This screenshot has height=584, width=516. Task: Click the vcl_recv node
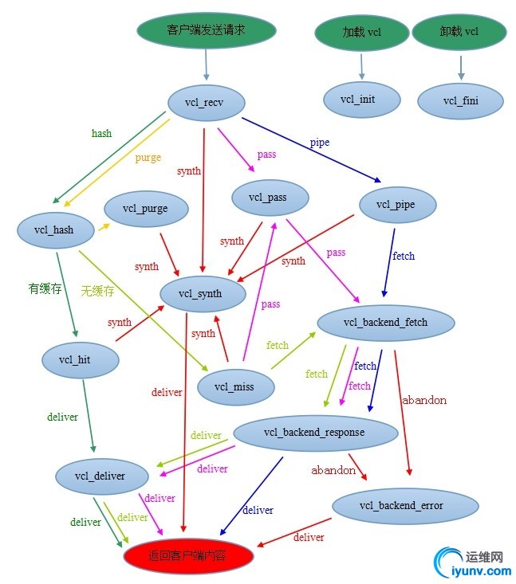click(x=207, y=103)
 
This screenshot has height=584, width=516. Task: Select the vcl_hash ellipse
click(x=54, y=229)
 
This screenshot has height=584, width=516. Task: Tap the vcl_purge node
click(x=145, y=209)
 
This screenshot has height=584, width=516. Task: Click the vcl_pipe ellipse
click(x=398, y=205)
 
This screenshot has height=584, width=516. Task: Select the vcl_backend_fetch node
click(x=385, y=322)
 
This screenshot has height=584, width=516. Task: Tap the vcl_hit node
click(x=79, y=360)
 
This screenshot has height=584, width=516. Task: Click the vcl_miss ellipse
click(x=234, y=386)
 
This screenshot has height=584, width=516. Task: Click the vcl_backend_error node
click(x=404, y=505)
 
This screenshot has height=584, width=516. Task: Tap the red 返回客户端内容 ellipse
click(x=188, y=555)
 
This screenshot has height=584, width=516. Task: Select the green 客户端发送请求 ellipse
click(x=207, y=30)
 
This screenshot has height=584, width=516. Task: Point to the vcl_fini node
click(x=460, y=101)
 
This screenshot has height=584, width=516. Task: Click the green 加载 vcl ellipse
click(x=361, y=33)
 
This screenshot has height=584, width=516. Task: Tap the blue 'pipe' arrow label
click(x=320, y=142)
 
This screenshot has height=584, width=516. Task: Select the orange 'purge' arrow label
click(x=148, y=158)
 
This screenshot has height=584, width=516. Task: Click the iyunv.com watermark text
click(x=481, y=570)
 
